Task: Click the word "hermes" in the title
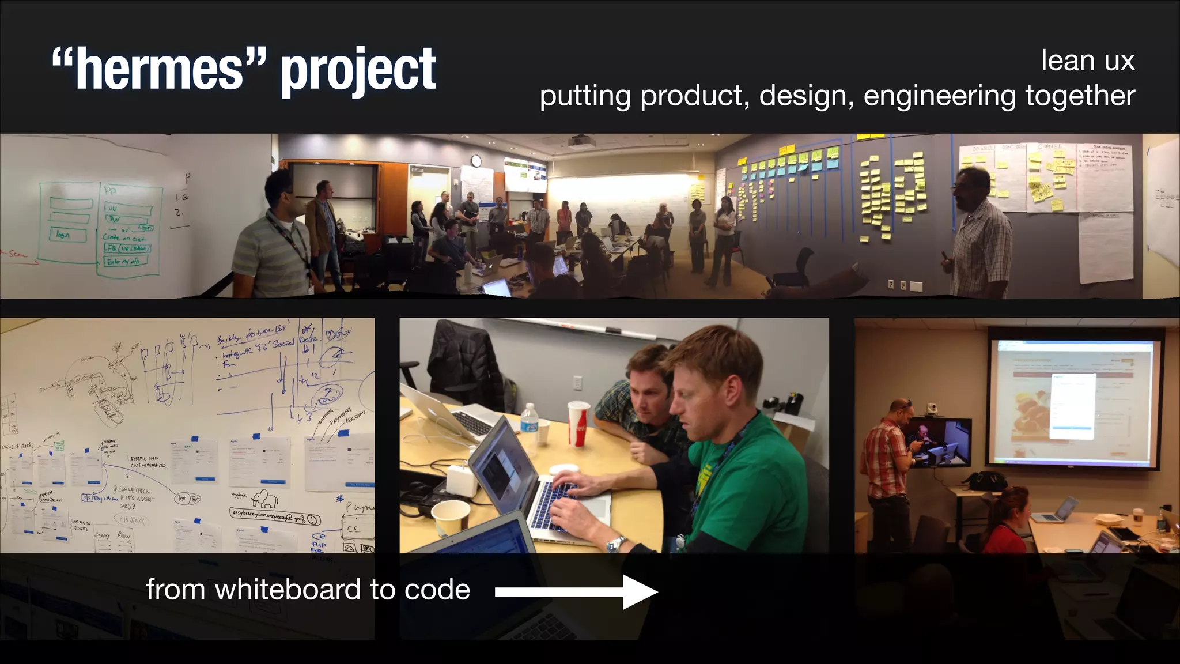[x=160, y=70]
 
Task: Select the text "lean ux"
[x=1087, y=61]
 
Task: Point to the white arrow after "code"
[x=576, y=591]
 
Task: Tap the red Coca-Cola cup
[x=578, y=424]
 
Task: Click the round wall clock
[x=476, y=160]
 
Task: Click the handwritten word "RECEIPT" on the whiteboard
[x=355, y=417]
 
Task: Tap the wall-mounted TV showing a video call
[x=939, y=442]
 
